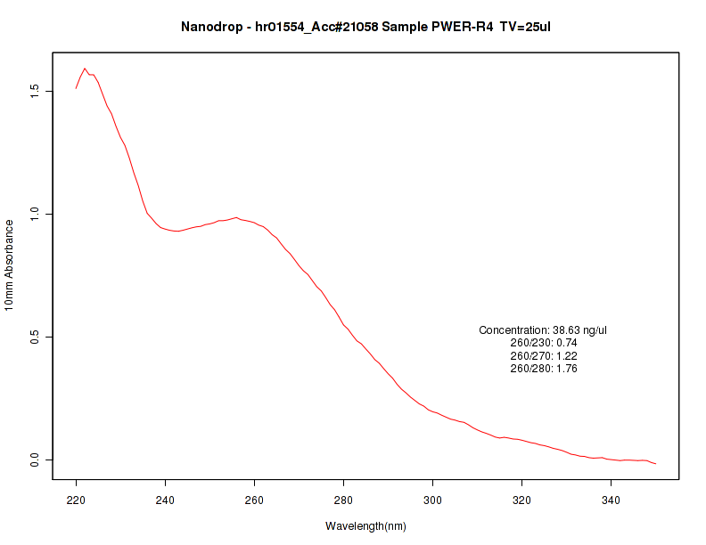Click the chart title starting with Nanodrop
pyautogui.click(x=365, y=27)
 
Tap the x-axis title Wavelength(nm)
pyautogui.click(x=365, y=525)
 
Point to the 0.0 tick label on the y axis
pyautogui.click(x=35, y=460)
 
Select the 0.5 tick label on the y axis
pyautogui.click(x=35, y=337)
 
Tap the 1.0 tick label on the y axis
pyautogui.click(x=35, y=214)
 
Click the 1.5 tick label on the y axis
pyautogui.click(x=35, y=91)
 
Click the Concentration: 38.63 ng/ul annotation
pyautogui.click(x=543, y=330)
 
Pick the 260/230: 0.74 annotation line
pyautogui.click(x=543, y=343)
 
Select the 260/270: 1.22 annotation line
pyautogui.click(x=543, y=355)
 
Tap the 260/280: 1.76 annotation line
pyautogui.click(x=543, y=368)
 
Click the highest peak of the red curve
pyautogui.click(x=85, y=69)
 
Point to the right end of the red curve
pyautogui.click(x=655, y=464)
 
